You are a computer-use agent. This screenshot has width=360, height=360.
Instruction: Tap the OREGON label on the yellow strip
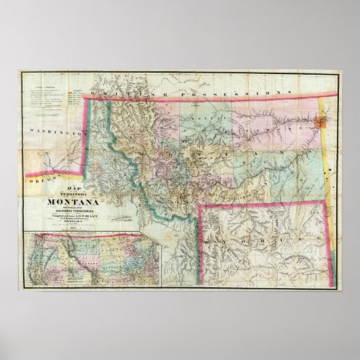[x=38, y=180]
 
